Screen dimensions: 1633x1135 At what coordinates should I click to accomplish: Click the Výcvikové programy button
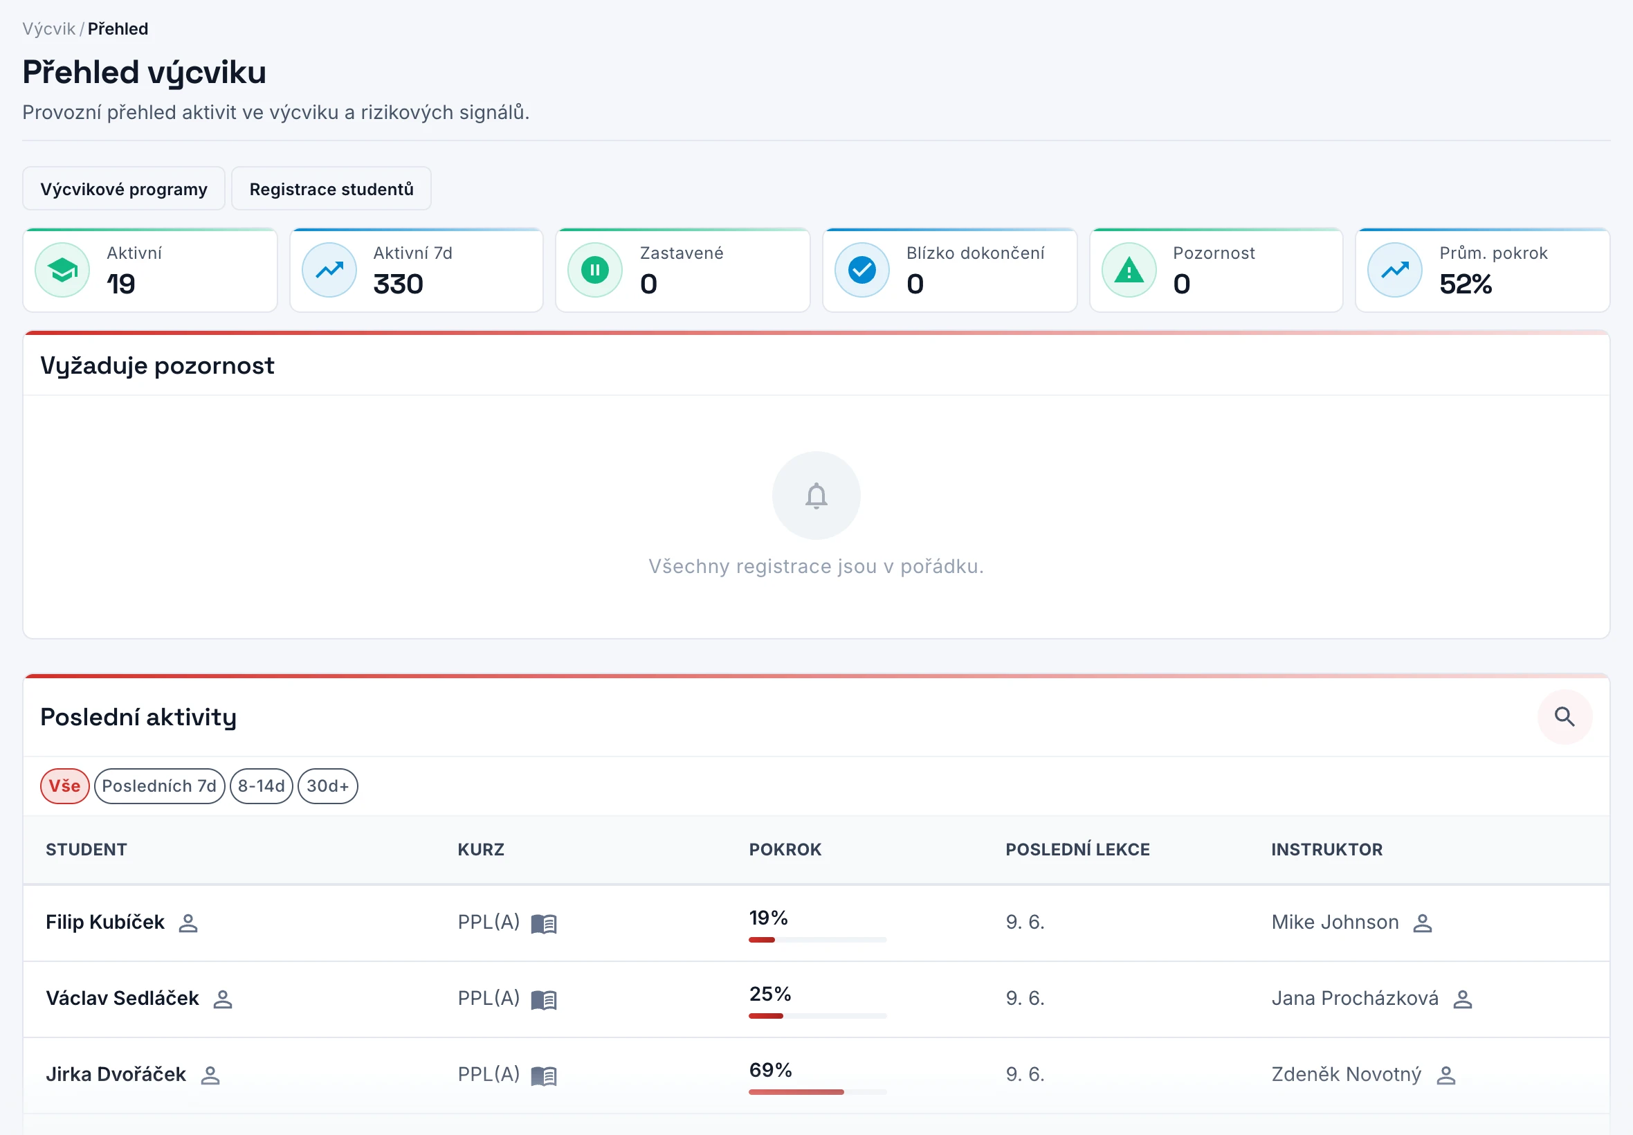(x=124, y=189)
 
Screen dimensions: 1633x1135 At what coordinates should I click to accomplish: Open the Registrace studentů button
(x=331, y=189)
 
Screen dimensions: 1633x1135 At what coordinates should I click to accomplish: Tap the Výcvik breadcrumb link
(x=48, y=29)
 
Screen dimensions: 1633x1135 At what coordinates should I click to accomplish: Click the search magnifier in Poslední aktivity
(x=1564, y=717)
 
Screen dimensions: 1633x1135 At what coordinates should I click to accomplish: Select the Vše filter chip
(x=64, y=786)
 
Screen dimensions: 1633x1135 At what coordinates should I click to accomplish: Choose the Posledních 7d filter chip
(x=159, y=786)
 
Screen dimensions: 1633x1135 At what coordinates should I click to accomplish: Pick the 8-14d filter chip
(x=261, y=786)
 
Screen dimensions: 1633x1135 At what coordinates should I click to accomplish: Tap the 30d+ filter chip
(x=328, y=786)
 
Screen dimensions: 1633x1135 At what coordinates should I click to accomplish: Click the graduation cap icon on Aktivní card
(x=62, y=270)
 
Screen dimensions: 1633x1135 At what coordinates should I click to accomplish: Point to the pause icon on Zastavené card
(x=595, y=270)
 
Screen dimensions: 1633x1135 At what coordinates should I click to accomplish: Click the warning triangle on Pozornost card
(x=1129, y=270)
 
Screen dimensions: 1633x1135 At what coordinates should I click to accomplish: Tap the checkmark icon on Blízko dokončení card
(x=861, y=270)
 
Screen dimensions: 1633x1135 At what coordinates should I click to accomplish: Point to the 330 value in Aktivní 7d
(x=398, y=284)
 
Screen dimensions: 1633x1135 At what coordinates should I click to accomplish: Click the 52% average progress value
(x=1466, y=284)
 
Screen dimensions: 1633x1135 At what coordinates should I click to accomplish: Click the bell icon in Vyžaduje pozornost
(x=816, y=496)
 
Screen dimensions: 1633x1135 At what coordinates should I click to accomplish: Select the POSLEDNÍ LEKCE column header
(x=1077, y=849)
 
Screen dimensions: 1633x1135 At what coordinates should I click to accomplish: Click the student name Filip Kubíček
(x=105, y=923)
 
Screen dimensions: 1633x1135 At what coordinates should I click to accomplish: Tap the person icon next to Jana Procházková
(x=1462, y=999)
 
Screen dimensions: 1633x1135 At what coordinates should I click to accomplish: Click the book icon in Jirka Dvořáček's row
(x=544, y=1076)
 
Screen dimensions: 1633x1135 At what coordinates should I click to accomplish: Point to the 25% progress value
(x=770, y=994)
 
